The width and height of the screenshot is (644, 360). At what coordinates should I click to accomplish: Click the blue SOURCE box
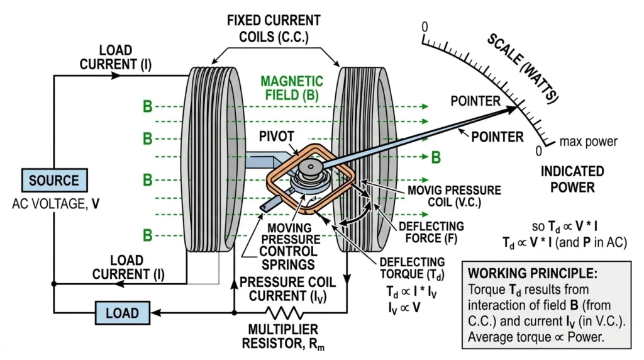click(54, 180)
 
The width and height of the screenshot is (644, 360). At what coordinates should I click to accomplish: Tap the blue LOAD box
click(123, 313)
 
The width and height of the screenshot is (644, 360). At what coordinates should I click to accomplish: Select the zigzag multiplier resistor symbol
click(285, 313)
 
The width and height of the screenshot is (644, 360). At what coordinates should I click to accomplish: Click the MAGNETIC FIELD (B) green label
click(292, 88)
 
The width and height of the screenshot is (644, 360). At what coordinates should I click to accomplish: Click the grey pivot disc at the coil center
click(311, 167)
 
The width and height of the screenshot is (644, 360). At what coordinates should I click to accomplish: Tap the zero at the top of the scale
click(425, 27)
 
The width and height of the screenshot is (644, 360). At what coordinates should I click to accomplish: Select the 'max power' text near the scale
click(588, 142)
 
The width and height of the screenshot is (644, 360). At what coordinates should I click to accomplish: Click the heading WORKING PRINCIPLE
click(533, 273)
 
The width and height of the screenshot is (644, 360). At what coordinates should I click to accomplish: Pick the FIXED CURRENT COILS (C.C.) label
click(274, 29)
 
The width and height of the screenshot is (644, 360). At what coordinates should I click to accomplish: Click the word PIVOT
click(277, 137)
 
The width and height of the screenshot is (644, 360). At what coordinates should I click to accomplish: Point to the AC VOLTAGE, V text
click(55, 204)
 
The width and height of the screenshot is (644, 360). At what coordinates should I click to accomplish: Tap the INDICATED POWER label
click(572, 179)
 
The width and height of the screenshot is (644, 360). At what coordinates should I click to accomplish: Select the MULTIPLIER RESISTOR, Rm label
click(283, 337)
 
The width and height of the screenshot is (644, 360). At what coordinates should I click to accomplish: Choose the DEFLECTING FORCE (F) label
click(431, 232)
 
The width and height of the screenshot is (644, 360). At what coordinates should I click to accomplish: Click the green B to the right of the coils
click(436, 157)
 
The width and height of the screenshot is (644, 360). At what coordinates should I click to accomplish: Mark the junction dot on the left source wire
click(54, 284)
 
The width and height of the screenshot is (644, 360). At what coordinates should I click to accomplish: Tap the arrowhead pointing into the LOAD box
click(156, 313)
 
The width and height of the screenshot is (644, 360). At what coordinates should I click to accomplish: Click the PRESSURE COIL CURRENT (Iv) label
click(287, 290)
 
